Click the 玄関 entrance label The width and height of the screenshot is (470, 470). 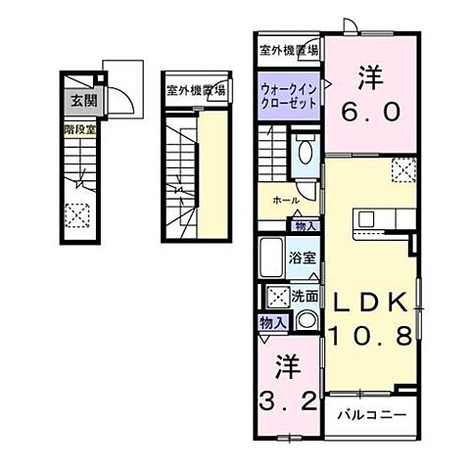tap(76, 100)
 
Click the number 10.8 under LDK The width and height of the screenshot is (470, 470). tap(368, 337)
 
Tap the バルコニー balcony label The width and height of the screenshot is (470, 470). tap(373, 413)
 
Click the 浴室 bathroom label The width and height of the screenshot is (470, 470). tap(302, 259)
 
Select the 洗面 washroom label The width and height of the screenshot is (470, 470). tap(305, 295)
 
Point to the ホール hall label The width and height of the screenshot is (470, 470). tap(286, 200)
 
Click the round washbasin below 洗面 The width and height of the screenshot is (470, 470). tap(306, 320)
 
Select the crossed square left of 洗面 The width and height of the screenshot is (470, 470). tap(276, 296)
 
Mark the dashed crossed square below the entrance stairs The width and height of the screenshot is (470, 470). tap(74, 211)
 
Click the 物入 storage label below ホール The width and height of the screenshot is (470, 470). tap(305, 225)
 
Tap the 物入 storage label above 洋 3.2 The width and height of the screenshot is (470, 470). tap(271, 322)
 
